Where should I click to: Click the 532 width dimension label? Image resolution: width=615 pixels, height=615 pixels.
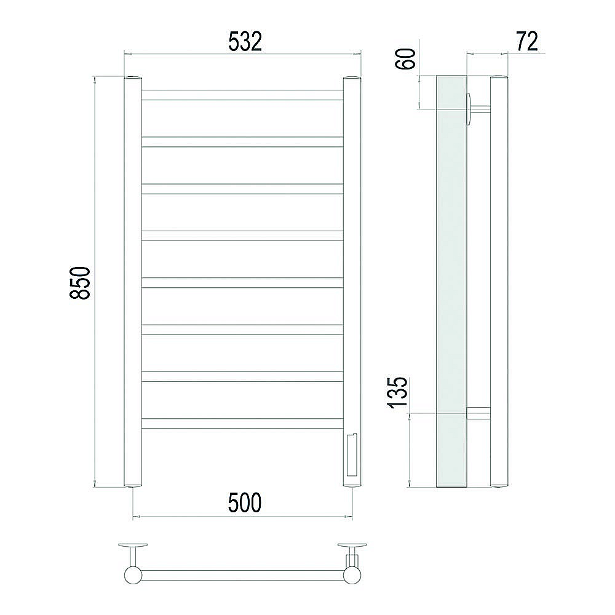coord(245,42)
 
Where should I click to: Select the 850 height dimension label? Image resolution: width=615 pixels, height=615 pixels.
coord(80,283)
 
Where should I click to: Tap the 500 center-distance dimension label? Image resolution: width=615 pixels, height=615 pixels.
coord(244,503)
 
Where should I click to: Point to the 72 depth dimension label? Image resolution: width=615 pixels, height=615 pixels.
coord(527,41)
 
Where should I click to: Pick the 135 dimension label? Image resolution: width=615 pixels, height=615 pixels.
coord(398,392)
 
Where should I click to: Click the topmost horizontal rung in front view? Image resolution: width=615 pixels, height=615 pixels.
coord(242,95)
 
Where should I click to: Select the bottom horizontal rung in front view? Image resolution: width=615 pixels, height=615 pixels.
coord(242,424)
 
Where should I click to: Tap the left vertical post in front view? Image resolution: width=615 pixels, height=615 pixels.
coord(133,282)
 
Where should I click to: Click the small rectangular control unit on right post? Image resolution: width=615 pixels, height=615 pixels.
coord(351,454)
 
